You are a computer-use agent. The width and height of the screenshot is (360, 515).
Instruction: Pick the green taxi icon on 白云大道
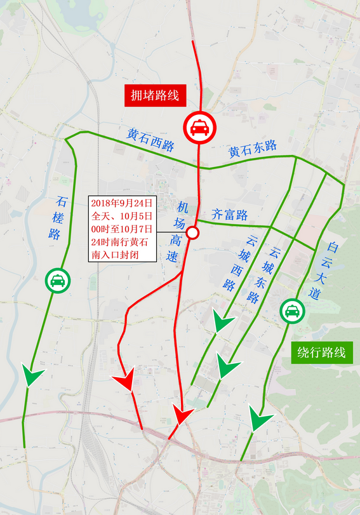tap(292, 311)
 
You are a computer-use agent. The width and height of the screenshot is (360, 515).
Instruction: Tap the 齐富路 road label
tap(229, 215)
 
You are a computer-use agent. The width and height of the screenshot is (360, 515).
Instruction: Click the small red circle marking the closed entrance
tap(192, 233)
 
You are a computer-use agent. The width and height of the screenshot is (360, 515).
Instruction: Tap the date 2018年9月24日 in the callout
tap(122, 203)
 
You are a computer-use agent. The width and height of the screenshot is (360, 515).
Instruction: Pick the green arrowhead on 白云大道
tap(259, 419)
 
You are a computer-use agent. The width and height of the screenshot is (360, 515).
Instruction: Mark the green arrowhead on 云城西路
tap(223, 322)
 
